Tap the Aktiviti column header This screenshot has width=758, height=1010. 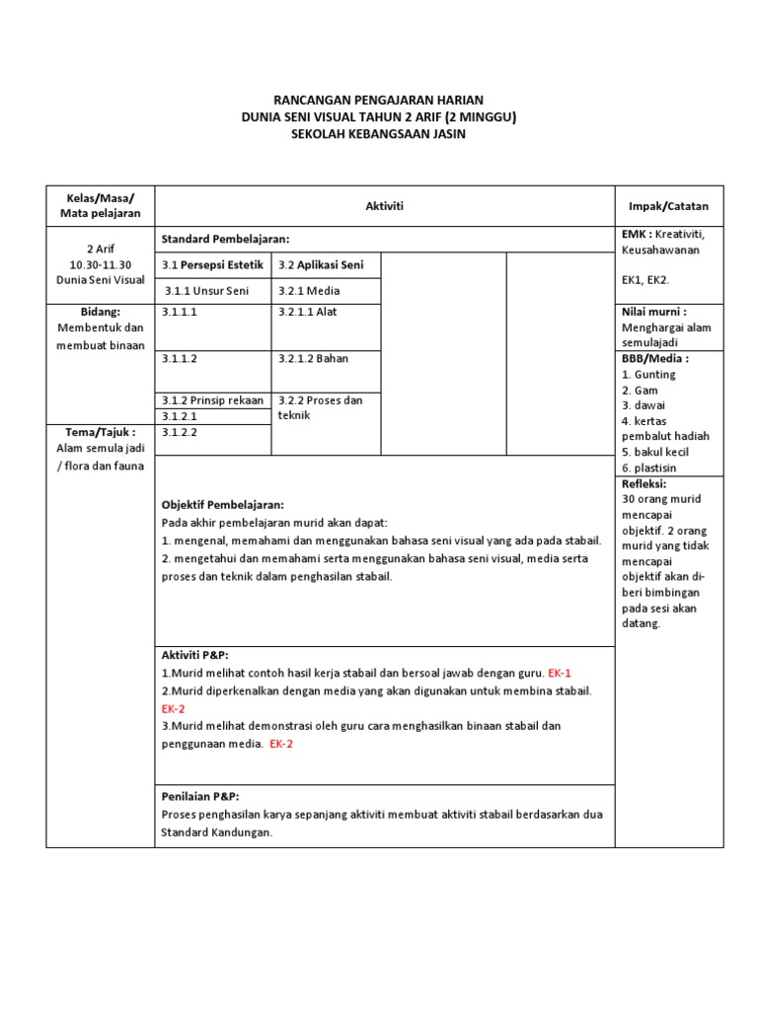pos(385,205)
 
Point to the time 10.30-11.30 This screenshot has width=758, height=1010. pos(100,265)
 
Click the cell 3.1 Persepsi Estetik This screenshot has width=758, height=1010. pos(212,265)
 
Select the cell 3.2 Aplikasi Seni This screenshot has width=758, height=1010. pos(321,265)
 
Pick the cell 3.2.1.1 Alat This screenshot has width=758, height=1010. pos(307,312)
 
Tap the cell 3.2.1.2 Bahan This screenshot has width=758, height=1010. pos(313,359)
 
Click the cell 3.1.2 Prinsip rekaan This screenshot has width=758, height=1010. pos(212,400)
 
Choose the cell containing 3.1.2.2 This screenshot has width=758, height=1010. pos(181,432)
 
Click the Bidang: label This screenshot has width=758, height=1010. pos(100,312)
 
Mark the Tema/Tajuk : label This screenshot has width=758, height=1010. pos(100,432)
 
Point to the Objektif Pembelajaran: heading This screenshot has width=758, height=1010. pos(222,504)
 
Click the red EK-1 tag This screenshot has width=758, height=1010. pos(559,673)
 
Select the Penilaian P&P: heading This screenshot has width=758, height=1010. pos(200,797)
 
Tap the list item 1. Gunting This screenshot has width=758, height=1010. pos(648,375)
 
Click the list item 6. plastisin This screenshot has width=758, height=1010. pos(649,468)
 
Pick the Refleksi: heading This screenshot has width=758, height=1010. pos(644,484)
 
